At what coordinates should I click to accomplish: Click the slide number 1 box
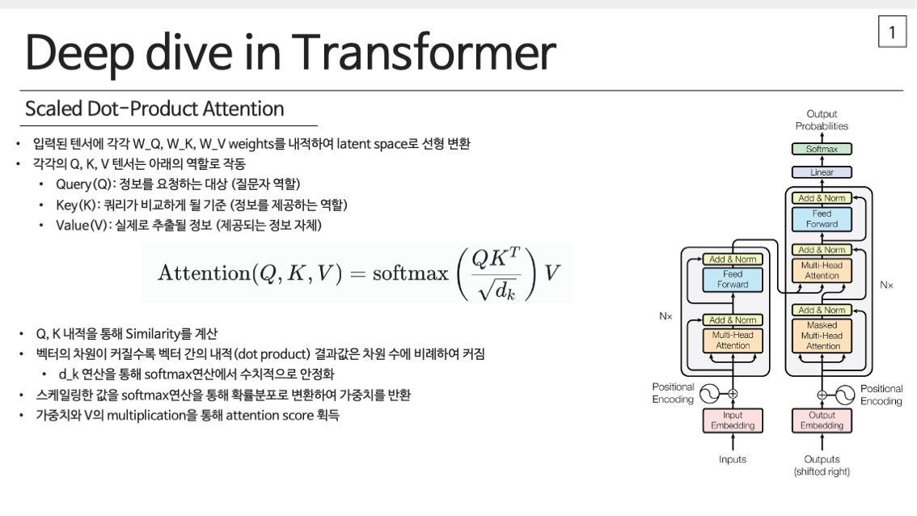click(x=892, y=32)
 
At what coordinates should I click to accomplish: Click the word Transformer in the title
click(x=424, y=53)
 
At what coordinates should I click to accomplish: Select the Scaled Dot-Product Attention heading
click(x=154, y=109)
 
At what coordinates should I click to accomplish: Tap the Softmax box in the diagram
click(x=822, y=149)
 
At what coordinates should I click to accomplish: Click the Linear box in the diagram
click(x=822, y=172)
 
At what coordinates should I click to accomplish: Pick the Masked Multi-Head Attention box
click(x=822, y=336)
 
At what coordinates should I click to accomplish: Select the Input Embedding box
click(x=733, y=421)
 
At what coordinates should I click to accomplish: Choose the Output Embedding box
click(x=822, y=421)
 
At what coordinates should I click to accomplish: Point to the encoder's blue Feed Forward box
click(x=733, y=279)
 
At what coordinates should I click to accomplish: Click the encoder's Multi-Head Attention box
click(x=733, y=340)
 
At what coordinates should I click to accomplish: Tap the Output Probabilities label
click(x=822, y=120)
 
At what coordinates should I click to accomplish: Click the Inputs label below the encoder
click(x=733, y=459)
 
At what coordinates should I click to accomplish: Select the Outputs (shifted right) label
click(x=822, y=466)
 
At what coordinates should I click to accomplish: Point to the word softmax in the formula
click(x=411, y=273)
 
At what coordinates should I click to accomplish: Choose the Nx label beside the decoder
click(x=886, y=285)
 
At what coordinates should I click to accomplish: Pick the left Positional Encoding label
click(x=673, y=393)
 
